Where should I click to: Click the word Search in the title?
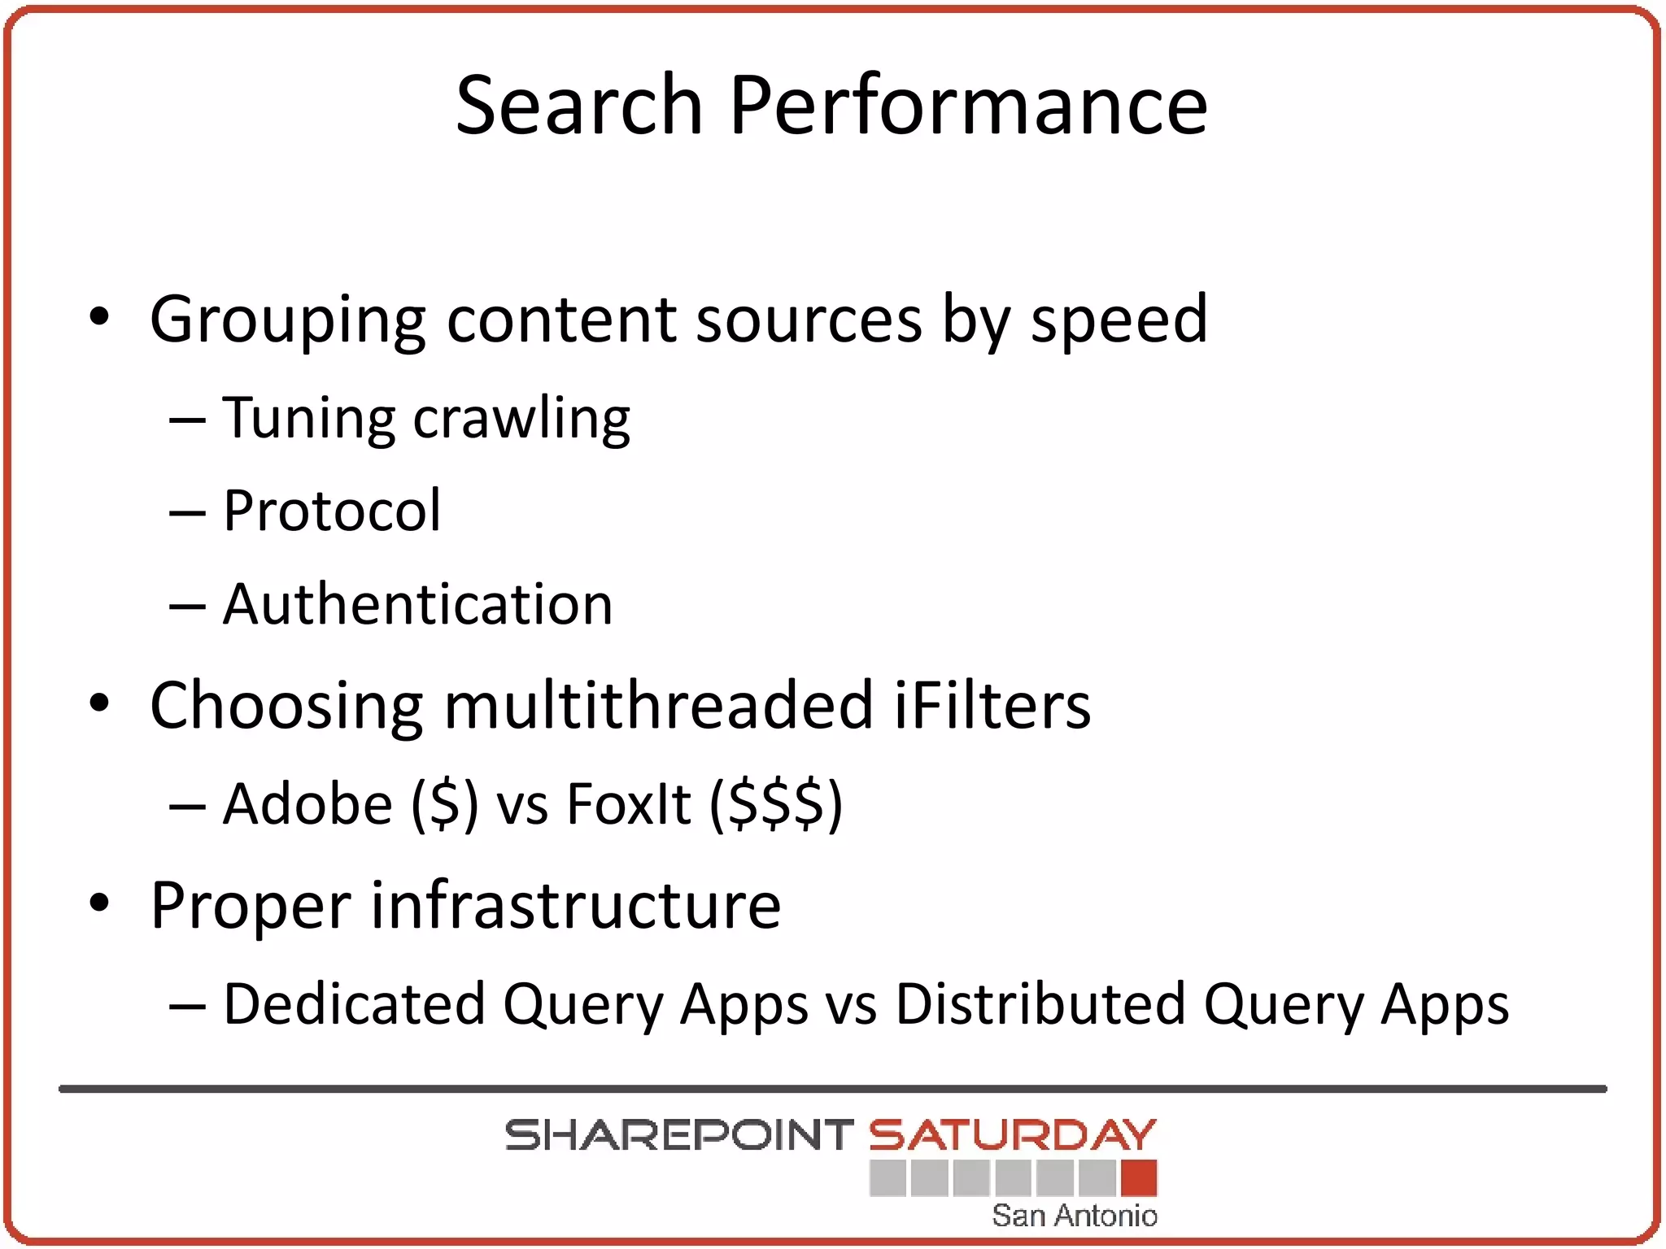578,105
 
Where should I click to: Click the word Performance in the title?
968,107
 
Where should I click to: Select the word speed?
1119,320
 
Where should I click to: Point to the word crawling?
521,419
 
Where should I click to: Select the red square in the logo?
1138,1177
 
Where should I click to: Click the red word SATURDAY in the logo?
1012,1135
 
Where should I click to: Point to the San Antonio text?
1074,1215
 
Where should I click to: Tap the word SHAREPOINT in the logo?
678,1135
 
